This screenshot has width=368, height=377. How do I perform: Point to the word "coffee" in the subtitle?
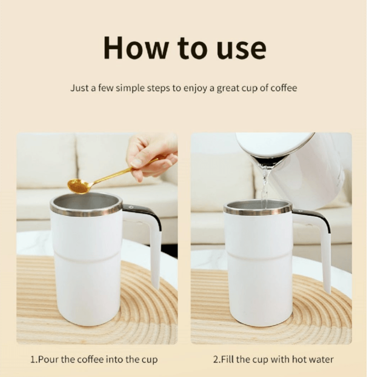(x=284, y=88)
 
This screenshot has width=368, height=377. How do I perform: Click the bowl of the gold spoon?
(x=77, y=186)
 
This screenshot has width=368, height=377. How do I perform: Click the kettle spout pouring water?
(x=264, y=164)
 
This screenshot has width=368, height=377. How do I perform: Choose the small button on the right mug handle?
(x=301, y=211)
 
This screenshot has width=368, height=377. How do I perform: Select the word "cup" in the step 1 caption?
(x=149, y=360)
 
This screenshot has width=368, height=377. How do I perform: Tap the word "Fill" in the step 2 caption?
(x=227, y=360)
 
